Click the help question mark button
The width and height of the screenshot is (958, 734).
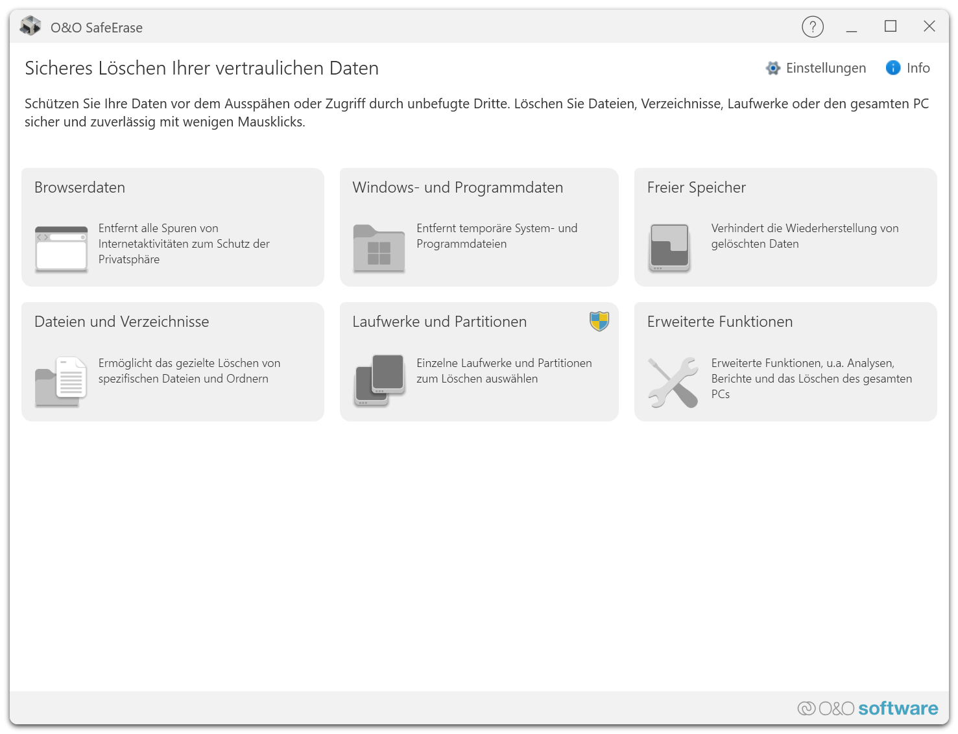(812, 27)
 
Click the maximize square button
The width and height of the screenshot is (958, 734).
(890, 27)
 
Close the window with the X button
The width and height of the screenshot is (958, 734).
(929, 27)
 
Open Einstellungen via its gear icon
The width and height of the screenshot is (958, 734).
(772, 68)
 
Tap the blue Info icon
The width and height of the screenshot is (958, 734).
(892, 68)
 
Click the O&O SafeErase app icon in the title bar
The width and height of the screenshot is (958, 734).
(30, 26)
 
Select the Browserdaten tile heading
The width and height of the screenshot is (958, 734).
(80, 187)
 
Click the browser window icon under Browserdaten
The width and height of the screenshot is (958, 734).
(61, 249)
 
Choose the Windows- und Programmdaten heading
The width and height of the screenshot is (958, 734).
(458, 187)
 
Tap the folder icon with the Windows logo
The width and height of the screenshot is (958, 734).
(379, 248)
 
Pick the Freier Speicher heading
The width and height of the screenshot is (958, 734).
(696, 187)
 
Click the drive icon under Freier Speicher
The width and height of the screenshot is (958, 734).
(669, 248)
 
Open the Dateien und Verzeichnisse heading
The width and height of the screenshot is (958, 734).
(122, 322)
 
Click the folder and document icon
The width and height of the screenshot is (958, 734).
(61, 381)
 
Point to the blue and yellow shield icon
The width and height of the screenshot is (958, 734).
(599, 321)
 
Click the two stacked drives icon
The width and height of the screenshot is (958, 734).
(379, 380)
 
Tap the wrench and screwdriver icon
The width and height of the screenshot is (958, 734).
(673, 382)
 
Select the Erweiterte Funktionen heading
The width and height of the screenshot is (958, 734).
(719, 322)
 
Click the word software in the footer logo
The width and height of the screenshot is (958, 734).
(898, 708)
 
